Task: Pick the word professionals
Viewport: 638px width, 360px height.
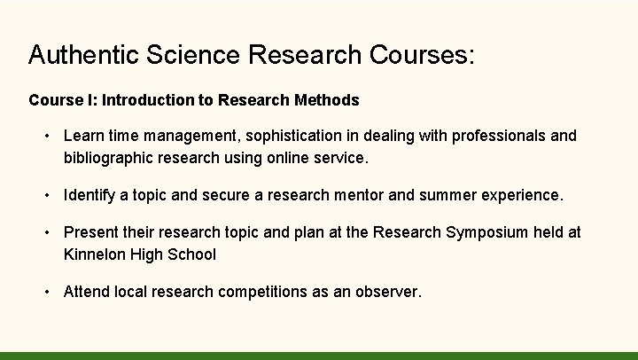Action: click(500, 137)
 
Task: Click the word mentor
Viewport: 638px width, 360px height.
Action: click(361, 195)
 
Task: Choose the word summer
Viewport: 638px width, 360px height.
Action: click(447, 195)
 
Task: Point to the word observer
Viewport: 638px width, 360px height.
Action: click(386, 291)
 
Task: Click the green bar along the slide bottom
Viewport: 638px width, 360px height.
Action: click(319, 356)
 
